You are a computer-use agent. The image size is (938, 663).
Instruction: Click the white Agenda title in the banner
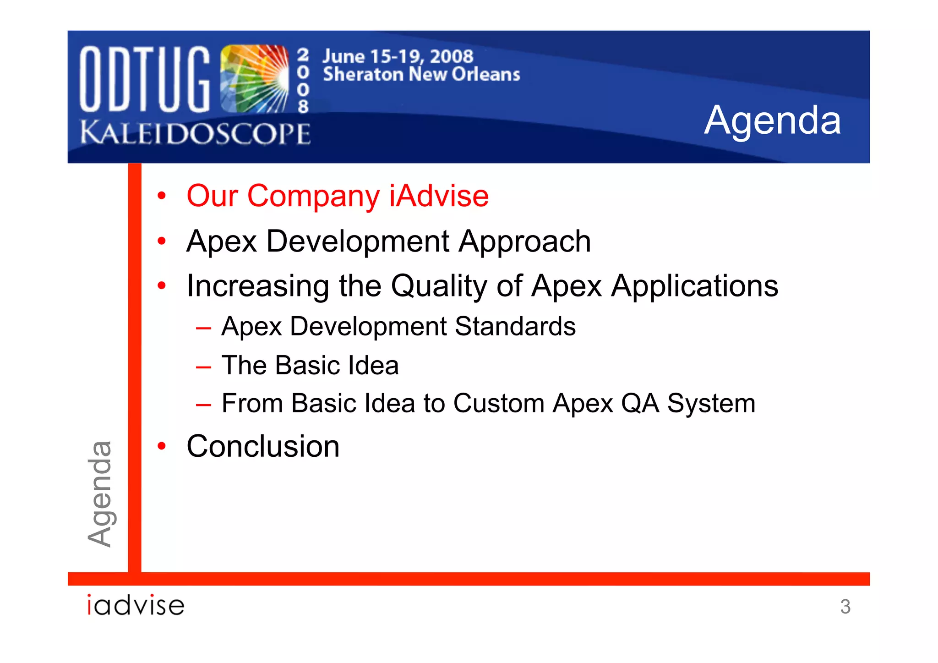point(772,120)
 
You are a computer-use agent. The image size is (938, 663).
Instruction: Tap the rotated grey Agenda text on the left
point(100,494)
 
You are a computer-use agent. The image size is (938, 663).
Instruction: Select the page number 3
point(845,607)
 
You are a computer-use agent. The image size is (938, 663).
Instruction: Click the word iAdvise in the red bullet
point(439,196)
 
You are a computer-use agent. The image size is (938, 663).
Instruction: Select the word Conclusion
point(263,446)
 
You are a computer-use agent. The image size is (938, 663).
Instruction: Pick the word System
point(711,403)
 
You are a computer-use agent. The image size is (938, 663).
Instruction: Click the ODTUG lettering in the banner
point(145,79)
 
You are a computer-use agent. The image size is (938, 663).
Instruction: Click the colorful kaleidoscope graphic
point(254,79)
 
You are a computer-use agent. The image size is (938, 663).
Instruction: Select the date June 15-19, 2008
point(398,56)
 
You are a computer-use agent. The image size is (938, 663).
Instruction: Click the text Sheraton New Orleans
point(421,74)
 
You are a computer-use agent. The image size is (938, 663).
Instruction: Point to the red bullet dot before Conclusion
point(161,446)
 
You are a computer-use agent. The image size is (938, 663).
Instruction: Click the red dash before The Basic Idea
point(203,367)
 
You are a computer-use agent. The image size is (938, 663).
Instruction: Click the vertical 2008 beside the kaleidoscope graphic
point(303,81)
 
